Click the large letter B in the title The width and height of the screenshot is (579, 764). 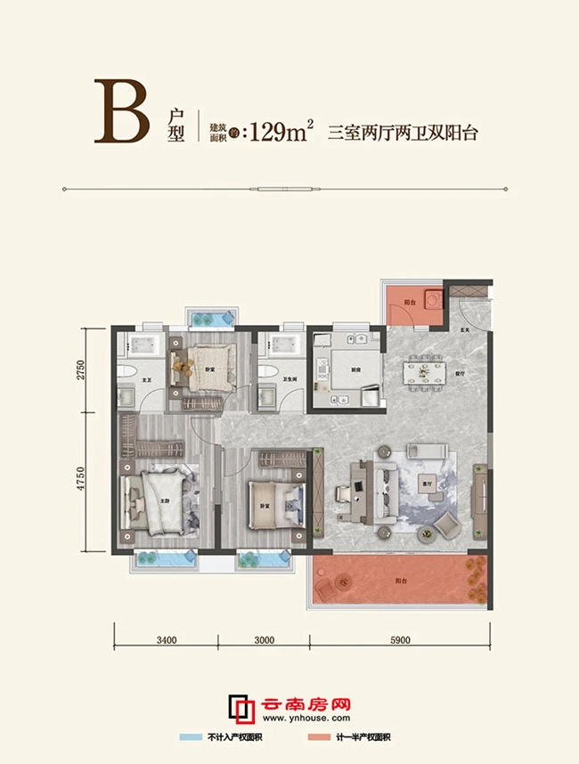tap(123, 113)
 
